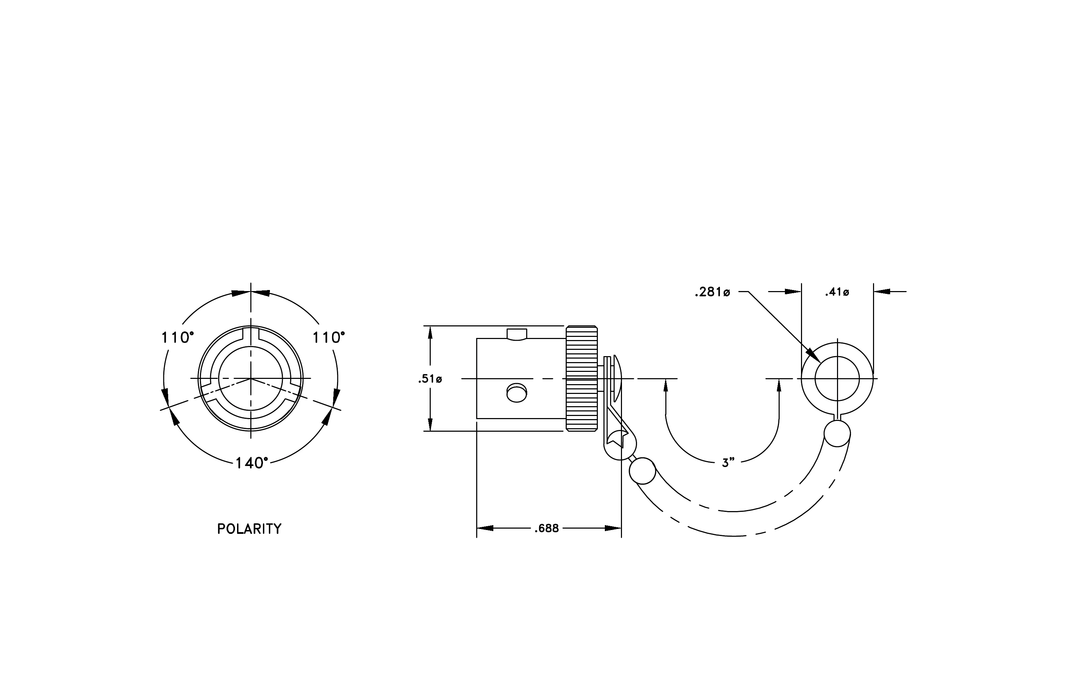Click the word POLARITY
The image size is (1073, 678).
pos(249,529)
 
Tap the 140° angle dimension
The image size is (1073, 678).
pos(252,463)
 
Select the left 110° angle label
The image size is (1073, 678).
pos(177,338)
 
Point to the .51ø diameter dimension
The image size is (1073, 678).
pos(430,379)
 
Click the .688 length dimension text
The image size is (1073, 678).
pos(546,529)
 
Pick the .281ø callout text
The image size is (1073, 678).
pos(712,292)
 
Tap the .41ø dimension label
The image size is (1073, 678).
pos(837,292)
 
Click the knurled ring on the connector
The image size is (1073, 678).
pos(581,379)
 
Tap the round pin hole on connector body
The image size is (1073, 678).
pos(517,393)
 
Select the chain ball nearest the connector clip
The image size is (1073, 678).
pos(642,471)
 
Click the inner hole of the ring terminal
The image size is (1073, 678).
pos(837,379)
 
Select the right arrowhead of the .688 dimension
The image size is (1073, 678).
pos(613,528)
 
